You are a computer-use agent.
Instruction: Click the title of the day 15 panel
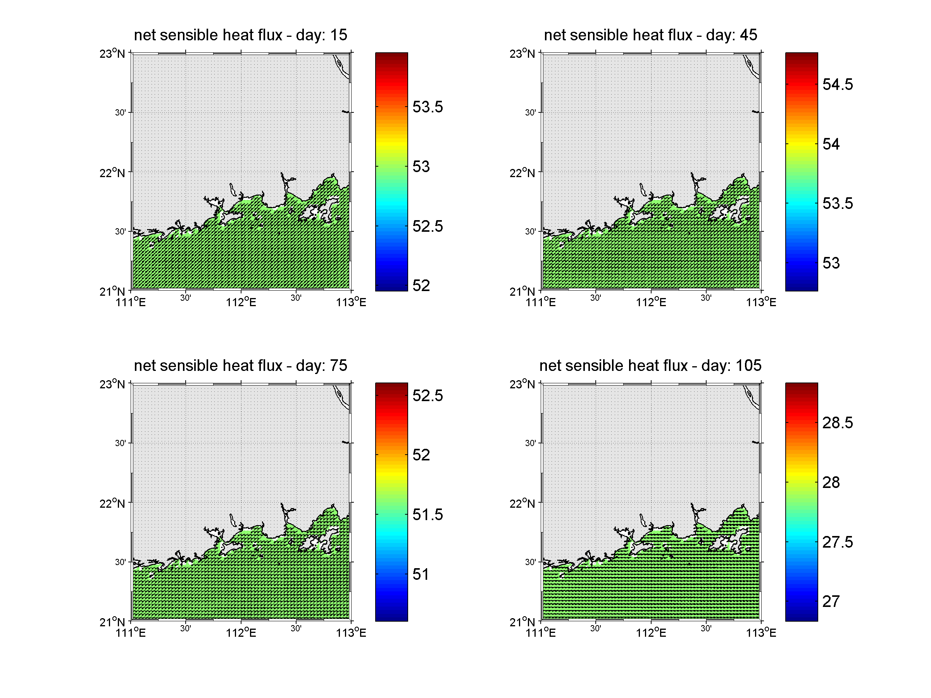tap(240, 35)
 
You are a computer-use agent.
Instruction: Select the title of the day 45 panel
tap(650, 35)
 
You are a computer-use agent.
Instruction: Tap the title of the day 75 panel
tap(240, 365)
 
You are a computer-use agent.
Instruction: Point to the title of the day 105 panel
tap(650, 365)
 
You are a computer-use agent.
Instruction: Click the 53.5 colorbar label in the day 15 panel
tap(427, 107)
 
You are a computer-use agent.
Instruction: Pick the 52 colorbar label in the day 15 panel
tap(421, 286)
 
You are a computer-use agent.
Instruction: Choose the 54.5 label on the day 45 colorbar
tap(837, 84)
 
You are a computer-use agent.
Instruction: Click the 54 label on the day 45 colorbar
tap(831, 144)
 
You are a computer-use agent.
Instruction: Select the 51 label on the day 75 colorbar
tap(421, 574)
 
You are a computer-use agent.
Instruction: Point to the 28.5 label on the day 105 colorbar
tap(837, 423)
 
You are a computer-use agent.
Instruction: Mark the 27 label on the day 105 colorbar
tap(831, 601)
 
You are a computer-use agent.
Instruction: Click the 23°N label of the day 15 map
tap(112, 53)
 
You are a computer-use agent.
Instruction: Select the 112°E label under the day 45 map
tap(651, 302)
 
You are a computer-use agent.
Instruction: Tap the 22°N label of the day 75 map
tap(112, 503)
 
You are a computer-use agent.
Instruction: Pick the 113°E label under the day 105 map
tap(761, 633)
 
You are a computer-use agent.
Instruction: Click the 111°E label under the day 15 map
tap(131, 302)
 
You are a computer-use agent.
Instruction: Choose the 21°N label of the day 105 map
tap(522, 622)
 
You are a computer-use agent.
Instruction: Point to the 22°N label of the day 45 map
tap(522, 172)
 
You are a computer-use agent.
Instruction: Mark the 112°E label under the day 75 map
tap(241, 633)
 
